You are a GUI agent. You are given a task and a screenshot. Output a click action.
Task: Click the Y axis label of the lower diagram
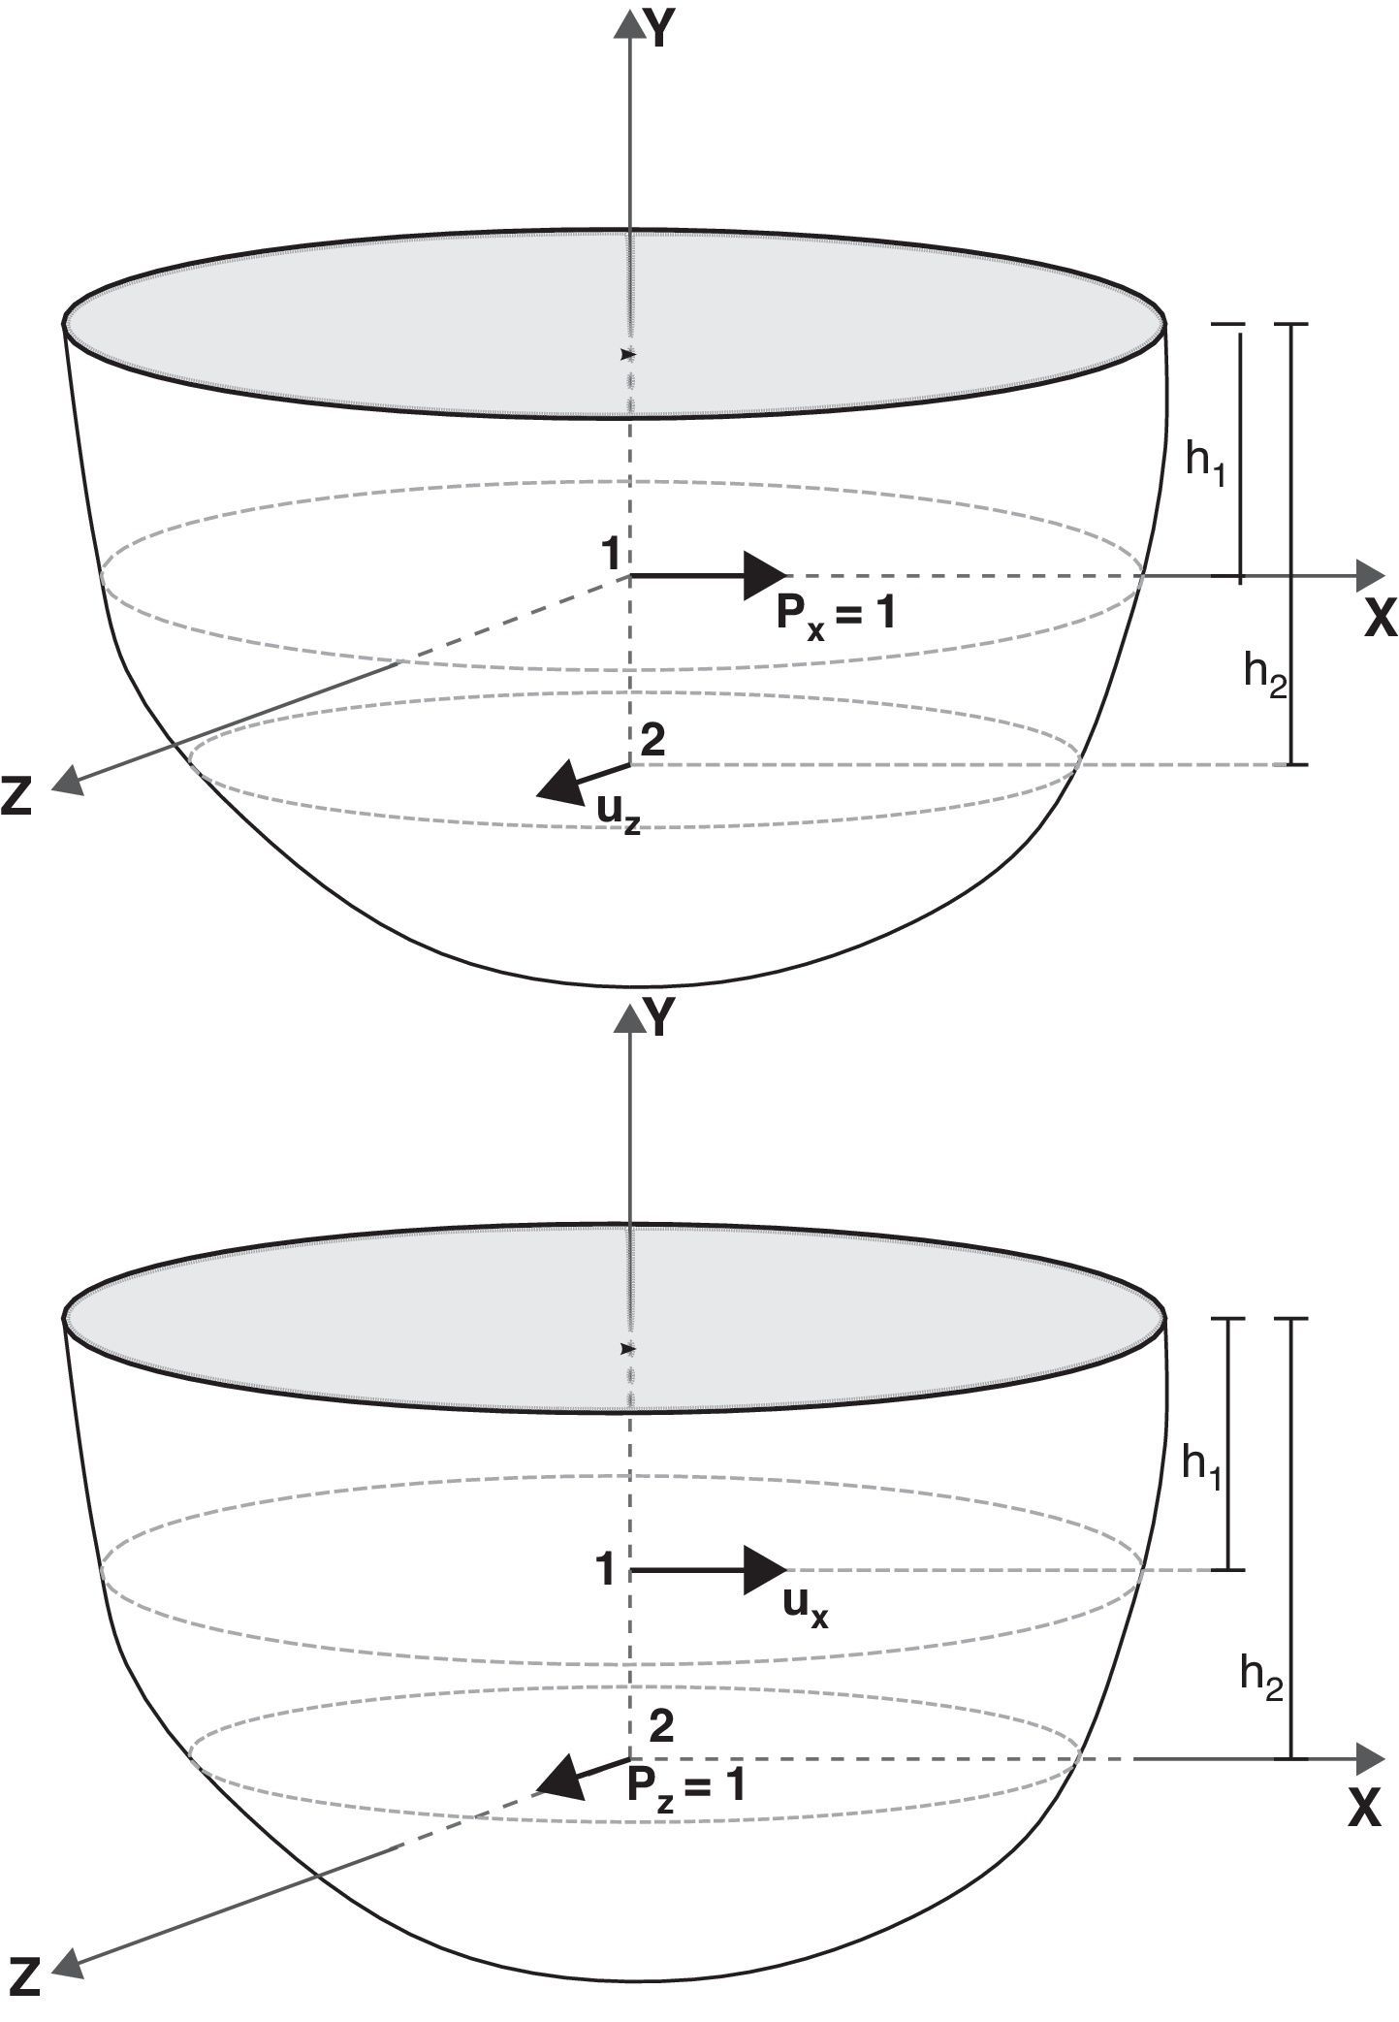[x=660, y=1019]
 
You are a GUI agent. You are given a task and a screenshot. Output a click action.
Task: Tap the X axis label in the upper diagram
[x=1380, y=618]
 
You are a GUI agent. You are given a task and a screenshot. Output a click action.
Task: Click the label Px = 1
[x=836, y=614]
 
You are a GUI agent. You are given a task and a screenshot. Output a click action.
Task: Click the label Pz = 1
[x=686, y=1784]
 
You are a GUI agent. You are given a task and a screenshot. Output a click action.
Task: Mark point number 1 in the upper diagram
[x=610, y=555]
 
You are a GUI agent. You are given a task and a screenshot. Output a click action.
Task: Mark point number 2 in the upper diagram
[x=653, y=741]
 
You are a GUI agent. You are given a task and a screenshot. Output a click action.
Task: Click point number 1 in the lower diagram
[x=606, y=1568]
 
